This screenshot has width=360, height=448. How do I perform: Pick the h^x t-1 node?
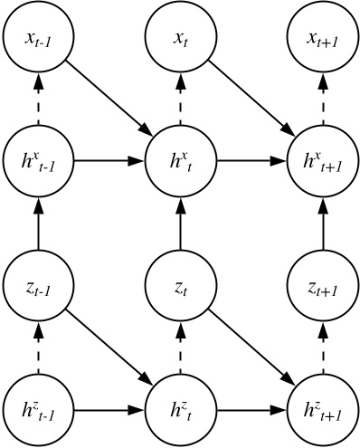[x=37, y=163]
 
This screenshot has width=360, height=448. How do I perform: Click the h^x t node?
[x=180, y=163]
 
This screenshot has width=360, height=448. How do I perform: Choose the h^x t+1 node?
[x=323, y=163]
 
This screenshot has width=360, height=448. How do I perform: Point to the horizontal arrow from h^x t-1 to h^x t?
[x=109, y=163]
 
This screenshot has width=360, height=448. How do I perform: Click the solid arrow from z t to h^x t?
[x=180, y=224]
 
